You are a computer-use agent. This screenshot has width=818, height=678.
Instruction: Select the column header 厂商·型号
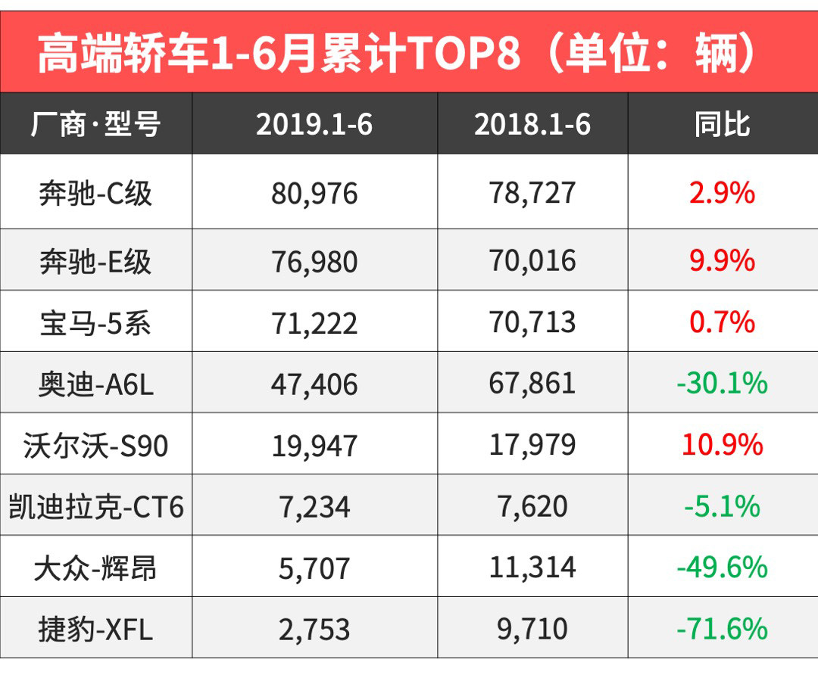[x=95, y=124]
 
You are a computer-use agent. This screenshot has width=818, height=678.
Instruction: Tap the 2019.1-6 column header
[x=314, y=124]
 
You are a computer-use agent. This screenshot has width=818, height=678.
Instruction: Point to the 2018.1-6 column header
[x=532, y=124]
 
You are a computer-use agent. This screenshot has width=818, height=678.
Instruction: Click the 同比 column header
[x=722, y=124]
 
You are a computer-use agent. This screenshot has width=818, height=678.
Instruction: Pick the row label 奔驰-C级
[x=95, y=194]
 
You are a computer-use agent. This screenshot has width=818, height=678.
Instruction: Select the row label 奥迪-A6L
[x=95, y=384]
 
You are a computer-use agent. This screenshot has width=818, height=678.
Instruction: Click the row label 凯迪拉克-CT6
[x=95, y=506]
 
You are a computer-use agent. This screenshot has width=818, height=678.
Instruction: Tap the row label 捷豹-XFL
[x=95, y=629]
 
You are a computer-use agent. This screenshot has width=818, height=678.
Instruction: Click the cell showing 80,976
[x=314, y=194]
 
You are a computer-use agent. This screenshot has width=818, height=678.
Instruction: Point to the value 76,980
[x=314, y=262]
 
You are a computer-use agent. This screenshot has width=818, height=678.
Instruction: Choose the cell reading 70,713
[x=532, y=323]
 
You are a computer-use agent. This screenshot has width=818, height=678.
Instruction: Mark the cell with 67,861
[x=532, y=384]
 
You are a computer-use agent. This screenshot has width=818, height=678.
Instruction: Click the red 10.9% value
[x=722, y=445]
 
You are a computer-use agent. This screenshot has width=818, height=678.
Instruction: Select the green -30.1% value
[x=722, y=384]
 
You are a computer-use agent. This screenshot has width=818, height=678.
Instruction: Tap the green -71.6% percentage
[x=722, y=629]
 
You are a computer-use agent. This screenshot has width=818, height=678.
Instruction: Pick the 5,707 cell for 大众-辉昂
[x=314, y=568]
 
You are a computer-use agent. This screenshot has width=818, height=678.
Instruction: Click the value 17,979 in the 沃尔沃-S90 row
[x=532, y=445]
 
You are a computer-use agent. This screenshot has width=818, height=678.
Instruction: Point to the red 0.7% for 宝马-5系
[x=722, y=323]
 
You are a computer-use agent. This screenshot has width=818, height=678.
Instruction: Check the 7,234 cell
[x=314, y=506]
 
